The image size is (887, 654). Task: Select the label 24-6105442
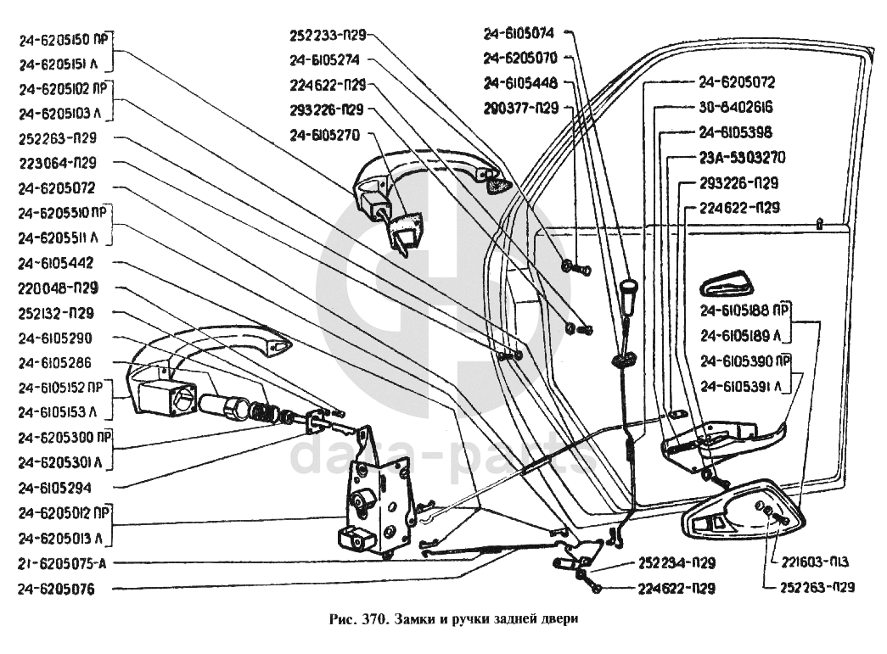tap(56, 264)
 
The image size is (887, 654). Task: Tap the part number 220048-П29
tap(57, 288)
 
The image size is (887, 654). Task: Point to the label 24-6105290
tap(56, 338)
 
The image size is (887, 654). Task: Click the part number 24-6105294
tap(56, 488)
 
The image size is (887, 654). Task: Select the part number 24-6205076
tap(56, 587)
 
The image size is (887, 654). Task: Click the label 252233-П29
tap(327, 36)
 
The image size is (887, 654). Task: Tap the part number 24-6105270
tap(325, 134)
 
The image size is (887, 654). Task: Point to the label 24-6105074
tap(519, 34)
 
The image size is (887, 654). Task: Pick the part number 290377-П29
tap(521, 108)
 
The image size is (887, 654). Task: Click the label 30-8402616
tap(735, 108)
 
